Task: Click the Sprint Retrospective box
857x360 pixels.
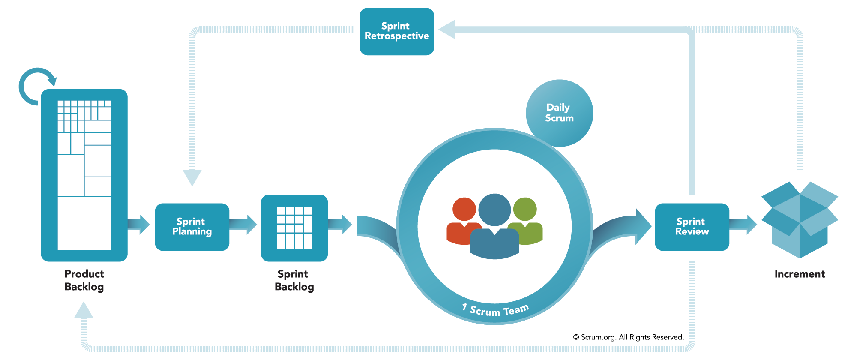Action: pyautogui.click(x=396, y=31)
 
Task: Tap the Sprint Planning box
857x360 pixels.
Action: pyautogui.click(x=192, y=227)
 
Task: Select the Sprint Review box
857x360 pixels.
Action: pyautogui.click(x=692, y=227)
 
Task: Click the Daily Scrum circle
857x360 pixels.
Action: pyautogui.click(x=559, y=113)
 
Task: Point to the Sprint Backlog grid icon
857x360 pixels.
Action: pyautogui.click(x=294, y=228)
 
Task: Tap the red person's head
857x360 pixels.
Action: pyautogui.click(x=464, y=209)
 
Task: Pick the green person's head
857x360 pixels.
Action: pyautogui.click(x=525, y=209)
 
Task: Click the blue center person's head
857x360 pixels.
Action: pyautogui.click(x=494, y=210)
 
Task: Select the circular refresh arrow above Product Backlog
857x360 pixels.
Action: pyautogui.click(x=36, y=86)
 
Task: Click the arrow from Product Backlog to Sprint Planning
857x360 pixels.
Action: pyautogui.click(x=140, y=224)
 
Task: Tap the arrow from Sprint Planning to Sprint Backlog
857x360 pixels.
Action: pyautogui.click(x=244, y=224)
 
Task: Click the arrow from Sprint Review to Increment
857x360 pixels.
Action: pyautogui.click(x=744, y=225)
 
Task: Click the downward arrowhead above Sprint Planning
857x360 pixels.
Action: pyautogui.click(x=192, y=177)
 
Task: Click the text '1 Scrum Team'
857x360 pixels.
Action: pyautogui.click(x=495, y=310)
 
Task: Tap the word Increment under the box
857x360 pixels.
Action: pyautogui.click(x=800, y=274)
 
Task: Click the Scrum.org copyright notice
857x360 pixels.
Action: pyautogui.click(x=628, y=337)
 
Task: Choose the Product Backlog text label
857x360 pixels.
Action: pyautogui.click(x=84, y=280)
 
